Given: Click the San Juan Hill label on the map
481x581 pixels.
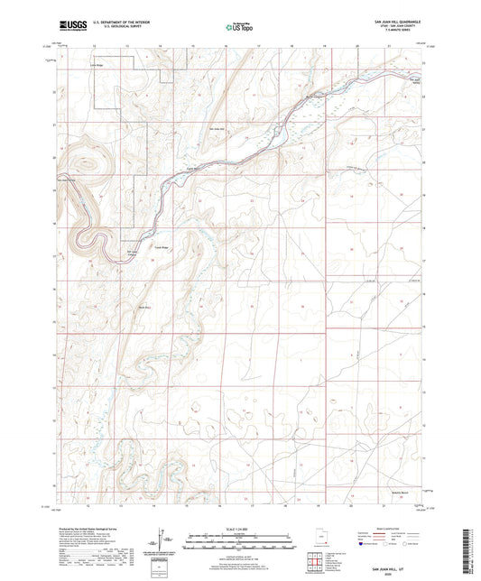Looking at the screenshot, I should (216, 129).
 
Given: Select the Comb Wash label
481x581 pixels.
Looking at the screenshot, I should (191, 169).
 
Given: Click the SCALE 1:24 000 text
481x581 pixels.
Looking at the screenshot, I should (239, 527).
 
